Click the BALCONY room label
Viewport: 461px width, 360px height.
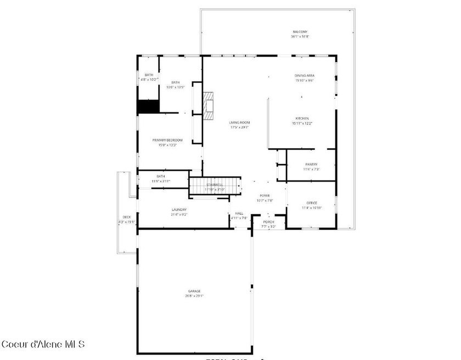click(x=300, y=32)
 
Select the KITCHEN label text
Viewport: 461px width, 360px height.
click(x=302, y=119)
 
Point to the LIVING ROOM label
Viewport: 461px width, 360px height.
click(x=239, y=122)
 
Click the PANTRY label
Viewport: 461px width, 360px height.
click(x=311, y=165)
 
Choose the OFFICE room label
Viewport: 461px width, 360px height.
click(x=312, y=203)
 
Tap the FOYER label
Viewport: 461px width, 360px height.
click(x=265, y=195)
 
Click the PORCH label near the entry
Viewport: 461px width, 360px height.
click(x=268, y=222)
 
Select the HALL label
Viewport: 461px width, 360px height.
click(x=239, y=213)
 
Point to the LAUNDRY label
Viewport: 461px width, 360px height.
click(x=179, y=210)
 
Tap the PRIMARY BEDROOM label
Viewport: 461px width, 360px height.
click(x=167, y=140)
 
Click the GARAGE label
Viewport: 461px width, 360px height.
click(x=194, y=291)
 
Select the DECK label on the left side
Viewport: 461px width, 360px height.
click(x=127, y=217)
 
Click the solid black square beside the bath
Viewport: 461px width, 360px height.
click(x=148, y=106)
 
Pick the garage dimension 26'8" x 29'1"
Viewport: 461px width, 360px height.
click(x=194, y=296)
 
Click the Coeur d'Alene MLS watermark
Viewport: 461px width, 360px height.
click(x=43, y=344)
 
